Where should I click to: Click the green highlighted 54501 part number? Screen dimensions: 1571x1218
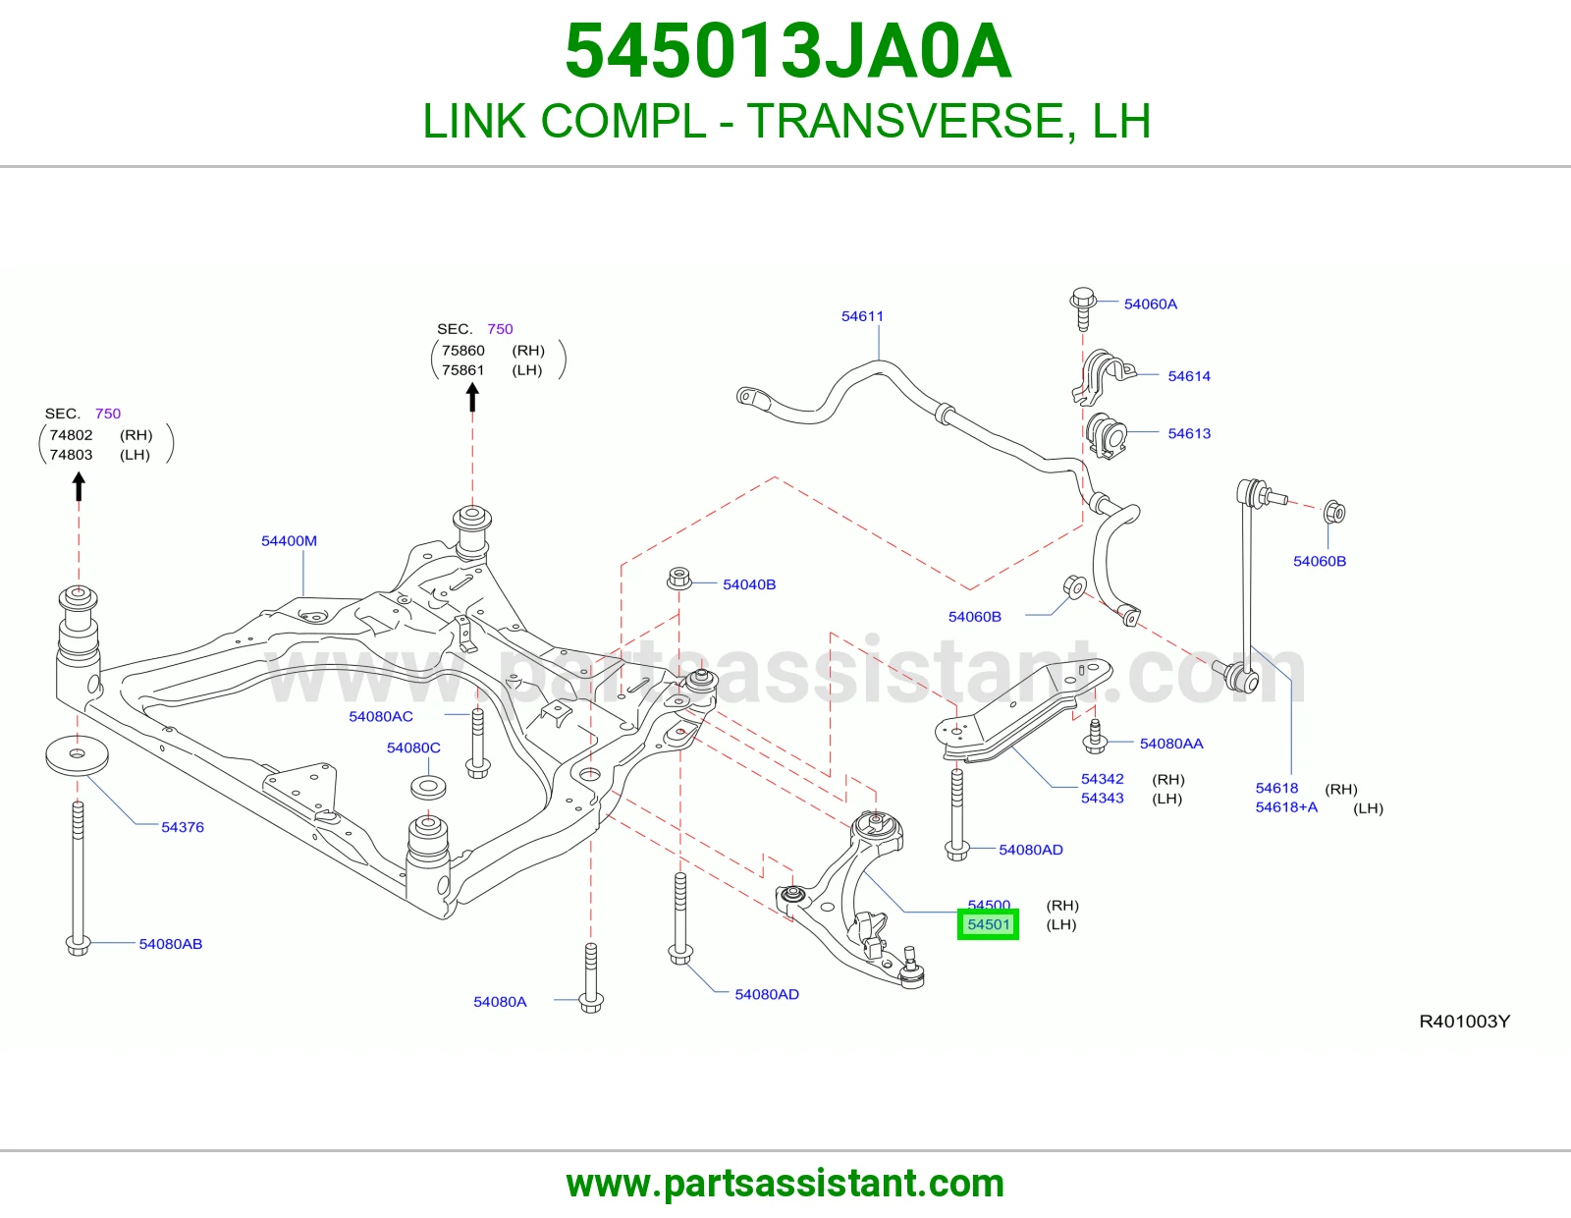988,924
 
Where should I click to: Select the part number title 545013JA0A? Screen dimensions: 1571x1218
787,51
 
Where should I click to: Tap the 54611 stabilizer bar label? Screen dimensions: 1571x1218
862,316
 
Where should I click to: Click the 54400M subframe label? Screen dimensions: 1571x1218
289,541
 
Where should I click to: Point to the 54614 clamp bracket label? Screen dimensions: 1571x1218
1188,376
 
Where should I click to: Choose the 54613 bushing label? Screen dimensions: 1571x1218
1188,433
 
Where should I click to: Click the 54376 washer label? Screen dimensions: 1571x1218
183,827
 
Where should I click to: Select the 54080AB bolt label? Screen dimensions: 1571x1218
171,944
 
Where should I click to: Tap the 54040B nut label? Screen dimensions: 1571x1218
749,584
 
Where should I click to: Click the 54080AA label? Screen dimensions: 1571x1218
1171,744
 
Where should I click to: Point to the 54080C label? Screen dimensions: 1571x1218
413,747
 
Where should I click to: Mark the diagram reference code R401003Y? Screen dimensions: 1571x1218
1464,1022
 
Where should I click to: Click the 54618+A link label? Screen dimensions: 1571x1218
1286,807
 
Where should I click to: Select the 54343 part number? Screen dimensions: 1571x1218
1102,798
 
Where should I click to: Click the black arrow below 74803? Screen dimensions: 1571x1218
79,486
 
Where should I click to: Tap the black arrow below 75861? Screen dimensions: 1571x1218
472,397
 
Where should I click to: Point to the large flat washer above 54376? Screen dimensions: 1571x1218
77,755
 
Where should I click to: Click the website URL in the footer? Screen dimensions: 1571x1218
785,1184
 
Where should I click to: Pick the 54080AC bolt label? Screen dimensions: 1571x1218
381,716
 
